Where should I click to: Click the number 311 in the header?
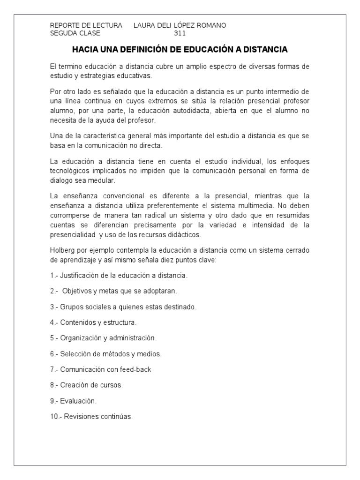point(180,33)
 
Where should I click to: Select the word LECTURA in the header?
point(109,25)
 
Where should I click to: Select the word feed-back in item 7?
point(136,369)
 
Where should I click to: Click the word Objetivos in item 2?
point(77,291)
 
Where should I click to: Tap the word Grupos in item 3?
point(70,307)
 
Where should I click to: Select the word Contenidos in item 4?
point(77,322)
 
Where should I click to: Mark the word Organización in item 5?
point(81,338)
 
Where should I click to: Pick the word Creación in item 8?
point(74,385)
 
